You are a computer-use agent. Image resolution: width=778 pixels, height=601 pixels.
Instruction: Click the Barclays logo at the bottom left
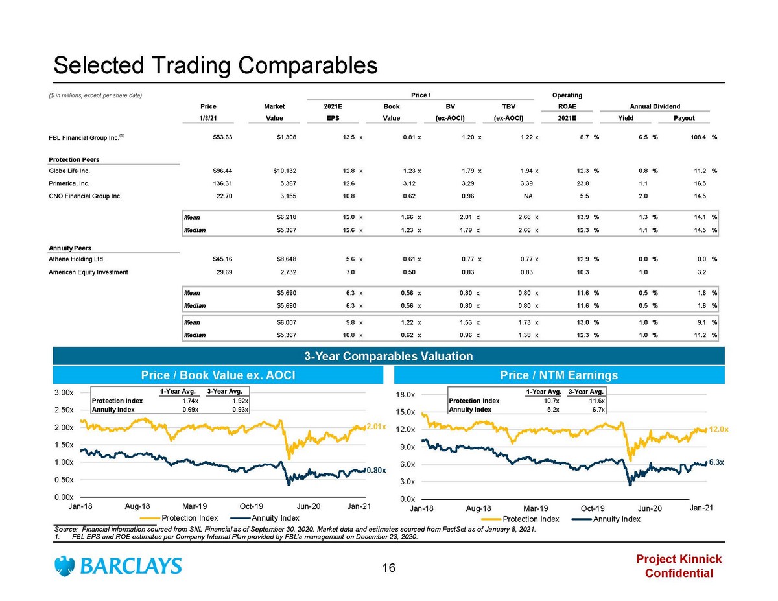pyautogui.click(x=119, y=566)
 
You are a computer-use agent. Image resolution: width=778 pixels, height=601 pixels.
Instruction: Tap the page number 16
pyautogui.click(x=388, y=569)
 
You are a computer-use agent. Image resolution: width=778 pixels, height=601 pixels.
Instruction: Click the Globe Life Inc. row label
pyautogui.click(x=69, y=171)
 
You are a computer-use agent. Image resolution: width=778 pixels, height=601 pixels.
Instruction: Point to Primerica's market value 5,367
pyautogui.click(x=285, y=183)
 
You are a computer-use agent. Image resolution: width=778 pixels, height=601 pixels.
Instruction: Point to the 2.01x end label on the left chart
pyautogui.click(x=376, y=427)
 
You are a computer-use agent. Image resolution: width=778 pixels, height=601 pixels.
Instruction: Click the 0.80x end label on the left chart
pyautogui.click(x=376, y=470)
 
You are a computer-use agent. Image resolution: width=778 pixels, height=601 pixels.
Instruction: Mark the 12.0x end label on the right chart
pyautogui.click(x=718, y=429)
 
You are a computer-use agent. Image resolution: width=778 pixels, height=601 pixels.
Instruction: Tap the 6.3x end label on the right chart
pyautogui.click(x=716, y=462)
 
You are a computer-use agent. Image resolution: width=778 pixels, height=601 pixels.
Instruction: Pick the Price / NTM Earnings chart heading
pyautogui.click(x=559, y=375)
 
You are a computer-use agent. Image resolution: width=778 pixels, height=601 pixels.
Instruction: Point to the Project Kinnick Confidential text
pyautogui.click(x=679, y=566)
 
